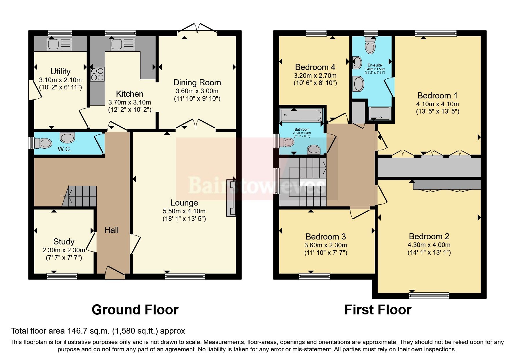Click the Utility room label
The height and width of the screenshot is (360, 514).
(x=60, y=71)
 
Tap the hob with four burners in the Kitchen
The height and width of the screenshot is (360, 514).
(x=97, y=74)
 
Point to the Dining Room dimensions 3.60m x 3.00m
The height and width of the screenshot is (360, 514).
(x=197, y=91)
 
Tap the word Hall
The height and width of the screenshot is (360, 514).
(x=111, y=230)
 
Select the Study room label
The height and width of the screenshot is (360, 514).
(x=64, y=242)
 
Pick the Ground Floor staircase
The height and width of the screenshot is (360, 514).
(x=80, y=196)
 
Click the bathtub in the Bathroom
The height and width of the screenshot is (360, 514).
(x=301, y=115)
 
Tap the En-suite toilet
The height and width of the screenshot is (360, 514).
(x=370, y=46)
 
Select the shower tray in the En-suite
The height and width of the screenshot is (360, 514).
(x=380, y=114)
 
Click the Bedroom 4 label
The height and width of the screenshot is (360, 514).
(x=315, y=67)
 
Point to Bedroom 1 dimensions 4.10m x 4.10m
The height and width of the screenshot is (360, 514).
(x=437, y=104)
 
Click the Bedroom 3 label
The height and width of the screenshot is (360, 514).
(x=326, y=237)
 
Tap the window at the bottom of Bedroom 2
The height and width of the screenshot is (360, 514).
(x=429, y=295)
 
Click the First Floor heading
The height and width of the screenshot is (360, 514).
(x=378, y=310)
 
